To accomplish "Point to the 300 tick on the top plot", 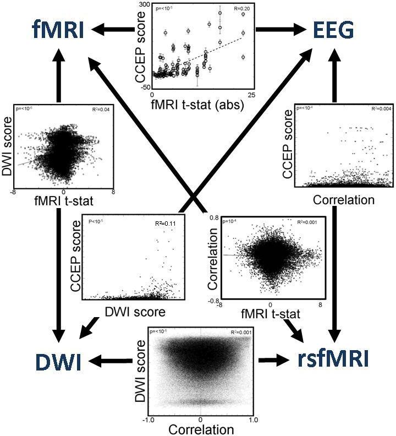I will point(144,4).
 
